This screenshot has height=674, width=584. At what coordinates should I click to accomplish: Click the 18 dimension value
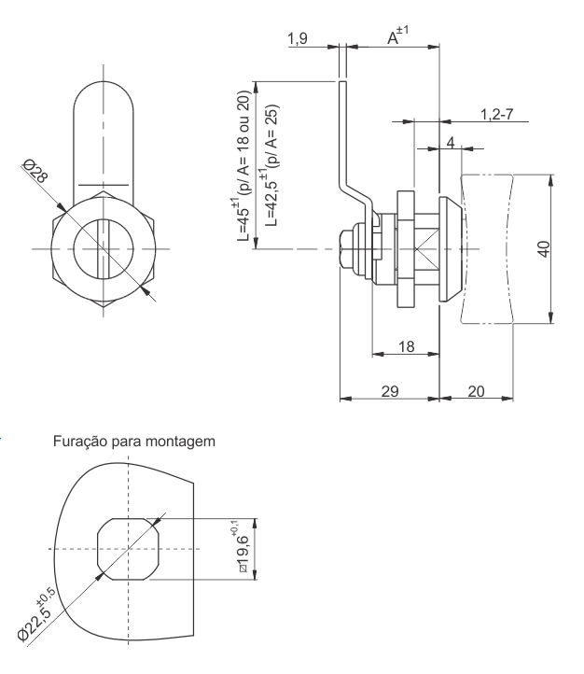pyautogui.click(x=405, y=346)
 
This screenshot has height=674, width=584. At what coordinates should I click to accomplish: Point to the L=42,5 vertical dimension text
pyautogui.click(x=271, y=164)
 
